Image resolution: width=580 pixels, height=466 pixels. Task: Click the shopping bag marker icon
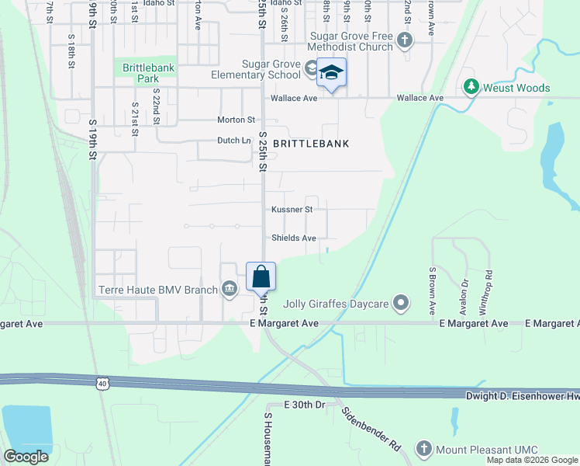coord(261,276)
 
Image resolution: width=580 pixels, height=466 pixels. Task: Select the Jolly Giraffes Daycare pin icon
coord(400,303)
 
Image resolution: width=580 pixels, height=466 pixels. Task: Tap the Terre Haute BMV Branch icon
coord(230,290)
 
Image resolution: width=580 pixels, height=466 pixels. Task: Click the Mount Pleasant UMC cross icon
coord(423,448)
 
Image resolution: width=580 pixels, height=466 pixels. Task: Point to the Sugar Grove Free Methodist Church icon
coord(403,40)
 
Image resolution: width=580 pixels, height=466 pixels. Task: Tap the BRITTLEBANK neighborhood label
coord(310,144)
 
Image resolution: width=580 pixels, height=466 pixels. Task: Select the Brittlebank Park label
coord(148,73)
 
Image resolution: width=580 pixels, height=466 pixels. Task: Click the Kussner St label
coord(292,210)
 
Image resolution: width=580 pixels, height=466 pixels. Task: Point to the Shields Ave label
coord(294,238)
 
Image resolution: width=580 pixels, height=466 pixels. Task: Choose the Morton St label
coord(236,120)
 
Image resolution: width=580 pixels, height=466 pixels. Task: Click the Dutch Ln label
coord(234,141)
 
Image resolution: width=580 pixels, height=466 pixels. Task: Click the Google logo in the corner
coord(26,457)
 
